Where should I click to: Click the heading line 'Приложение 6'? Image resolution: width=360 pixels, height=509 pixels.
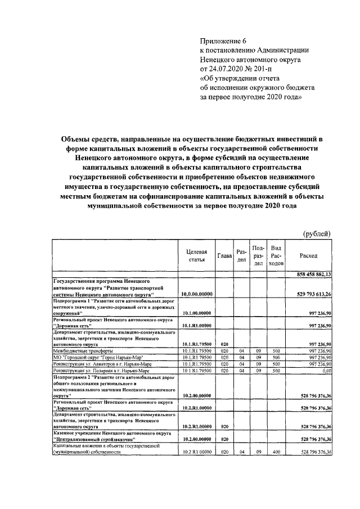point(224,40)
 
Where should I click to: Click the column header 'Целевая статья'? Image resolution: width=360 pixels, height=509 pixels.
point(196,255)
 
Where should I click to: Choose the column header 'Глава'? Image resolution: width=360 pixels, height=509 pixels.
point(224,255)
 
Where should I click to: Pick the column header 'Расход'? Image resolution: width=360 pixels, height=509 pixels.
point(308,255)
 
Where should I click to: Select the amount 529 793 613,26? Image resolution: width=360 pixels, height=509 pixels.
point(313,294)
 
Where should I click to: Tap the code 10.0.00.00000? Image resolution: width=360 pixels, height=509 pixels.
point(196,294)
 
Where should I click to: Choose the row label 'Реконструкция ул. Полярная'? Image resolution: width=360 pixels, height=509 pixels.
point(96,371)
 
